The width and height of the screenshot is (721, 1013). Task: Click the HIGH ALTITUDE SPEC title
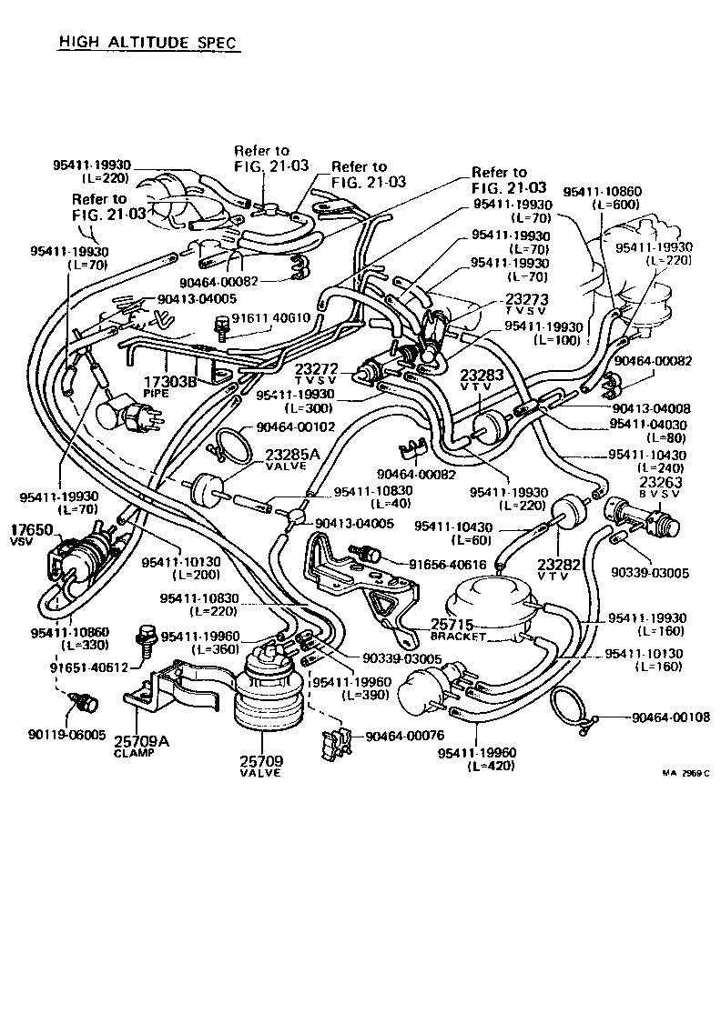coord(148,42)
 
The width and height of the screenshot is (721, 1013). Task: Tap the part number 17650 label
coord(27,528)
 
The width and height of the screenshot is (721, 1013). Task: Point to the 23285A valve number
coord(291,454)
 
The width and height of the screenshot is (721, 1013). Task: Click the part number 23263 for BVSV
coord(663,483)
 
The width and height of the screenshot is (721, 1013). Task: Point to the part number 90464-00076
coord(407,736)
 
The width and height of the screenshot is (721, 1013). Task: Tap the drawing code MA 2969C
coord(684,772)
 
